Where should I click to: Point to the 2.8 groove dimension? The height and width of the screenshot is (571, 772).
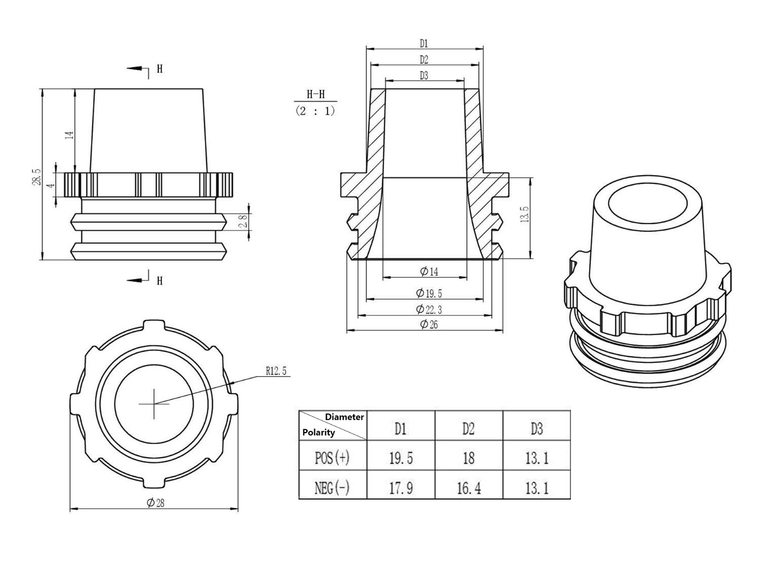(x=244, y=221)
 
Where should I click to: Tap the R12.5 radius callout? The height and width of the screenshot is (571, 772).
(x=276, y=371)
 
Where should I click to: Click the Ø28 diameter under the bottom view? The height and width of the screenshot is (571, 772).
(x=155, y=503)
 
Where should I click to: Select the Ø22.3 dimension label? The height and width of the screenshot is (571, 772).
(x=428, y=309)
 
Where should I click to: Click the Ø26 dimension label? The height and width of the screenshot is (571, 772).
(x=428, y=324)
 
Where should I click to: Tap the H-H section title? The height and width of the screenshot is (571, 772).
(x=316, y=94)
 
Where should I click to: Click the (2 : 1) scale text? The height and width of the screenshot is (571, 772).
(x=315, y=111)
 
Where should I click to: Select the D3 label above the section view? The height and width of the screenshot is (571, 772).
(x=424, y=76)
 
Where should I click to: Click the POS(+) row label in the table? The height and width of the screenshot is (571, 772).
(x=332, y=457)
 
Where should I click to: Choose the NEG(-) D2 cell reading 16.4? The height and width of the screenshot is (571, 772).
(x=469, y=488)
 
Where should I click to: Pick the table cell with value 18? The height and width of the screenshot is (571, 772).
(x=469, y=457)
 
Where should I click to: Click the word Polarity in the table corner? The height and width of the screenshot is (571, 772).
(x=318, y=432)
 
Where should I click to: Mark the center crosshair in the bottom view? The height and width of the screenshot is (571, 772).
(x=154, y=404)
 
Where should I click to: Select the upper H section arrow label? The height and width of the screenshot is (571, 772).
(x=160, y=69)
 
